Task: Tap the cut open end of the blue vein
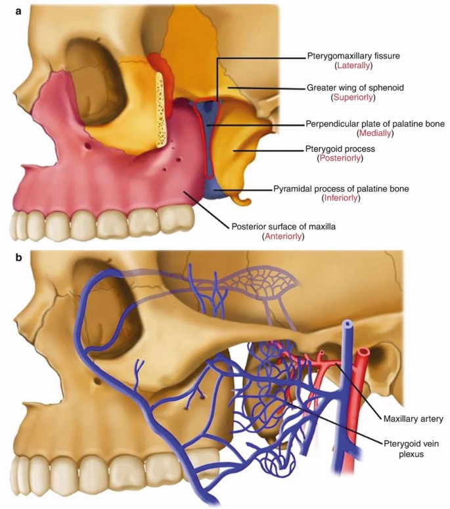pyautogui.click(x=346, y=326)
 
